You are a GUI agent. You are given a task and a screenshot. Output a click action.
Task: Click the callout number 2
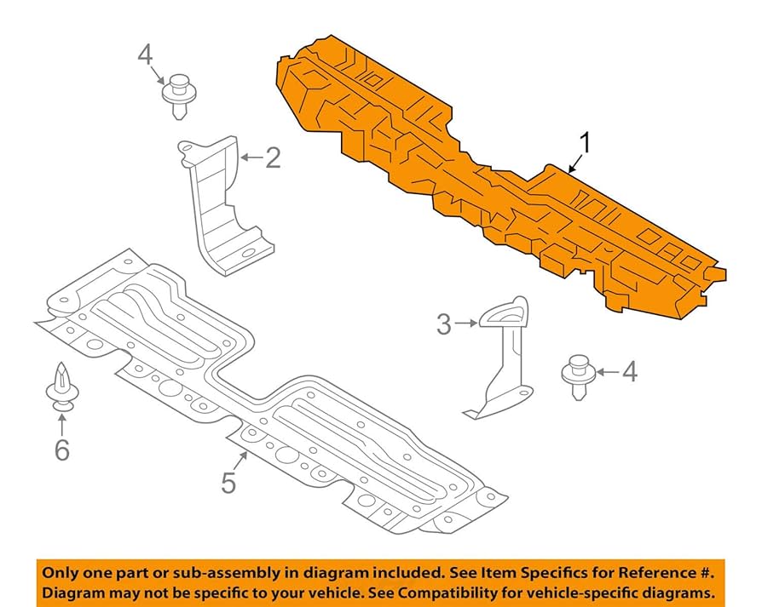pyautogui.click(x=272, y=157)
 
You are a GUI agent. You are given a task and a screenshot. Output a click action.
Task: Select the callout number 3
pyautogui.click(x=444, y=324)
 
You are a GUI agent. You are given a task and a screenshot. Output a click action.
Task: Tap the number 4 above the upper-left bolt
pyautogui.click(x=145, y=55)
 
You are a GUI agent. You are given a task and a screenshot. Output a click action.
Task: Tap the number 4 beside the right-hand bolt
pyautogui.click(x=629, y=371)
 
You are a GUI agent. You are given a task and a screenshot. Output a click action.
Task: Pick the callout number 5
pyautogui.click(x=228, y=483)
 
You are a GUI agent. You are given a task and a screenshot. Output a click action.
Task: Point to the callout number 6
pyautogui.click(x=61, y=449)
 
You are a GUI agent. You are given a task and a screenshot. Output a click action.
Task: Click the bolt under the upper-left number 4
pyautogui.click(x=177, y=95)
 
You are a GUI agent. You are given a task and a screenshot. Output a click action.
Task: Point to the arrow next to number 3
pyautogui.click(x=468, y=324)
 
